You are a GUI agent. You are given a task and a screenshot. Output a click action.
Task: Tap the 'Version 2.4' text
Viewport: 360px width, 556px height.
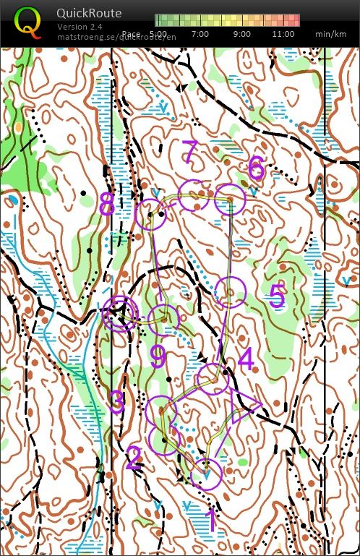(x=80, y=27)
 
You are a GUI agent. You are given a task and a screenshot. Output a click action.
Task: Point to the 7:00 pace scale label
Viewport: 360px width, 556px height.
(x=200, y=34)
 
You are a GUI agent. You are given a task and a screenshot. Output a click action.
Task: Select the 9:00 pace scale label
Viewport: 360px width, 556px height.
(x=242, y=34)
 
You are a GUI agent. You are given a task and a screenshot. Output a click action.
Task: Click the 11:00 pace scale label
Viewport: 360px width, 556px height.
(x=283, y=34)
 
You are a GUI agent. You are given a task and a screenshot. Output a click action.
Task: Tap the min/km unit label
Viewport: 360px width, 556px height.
(x=329, y=34)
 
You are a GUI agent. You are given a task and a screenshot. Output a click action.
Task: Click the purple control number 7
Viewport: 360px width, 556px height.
(x=189, y=153)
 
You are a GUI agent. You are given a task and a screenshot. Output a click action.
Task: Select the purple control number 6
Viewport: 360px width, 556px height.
(x=256, y=168)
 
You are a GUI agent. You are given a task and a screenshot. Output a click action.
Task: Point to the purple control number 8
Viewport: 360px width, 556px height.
(x=107, y=205)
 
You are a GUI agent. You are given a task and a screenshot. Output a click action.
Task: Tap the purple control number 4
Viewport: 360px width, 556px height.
(x=246, y=359)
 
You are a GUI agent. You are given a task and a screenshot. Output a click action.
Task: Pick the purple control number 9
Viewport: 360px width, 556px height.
(x=158, y=356)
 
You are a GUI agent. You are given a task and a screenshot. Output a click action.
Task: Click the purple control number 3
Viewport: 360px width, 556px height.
(x=117, y=402)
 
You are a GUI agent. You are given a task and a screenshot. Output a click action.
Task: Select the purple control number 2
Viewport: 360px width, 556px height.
(x=133, y=458)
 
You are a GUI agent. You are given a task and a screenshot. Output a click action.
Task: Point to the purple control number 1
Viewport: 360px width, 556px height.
(x=211, y=520)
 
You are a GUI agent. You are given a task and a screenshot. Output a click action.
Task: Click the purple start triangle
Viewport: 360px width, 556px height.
(x=244, y=407)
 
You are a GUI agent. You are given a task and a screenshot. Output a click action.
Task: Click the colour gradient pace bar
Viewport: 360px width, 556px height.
(x=227, y=20)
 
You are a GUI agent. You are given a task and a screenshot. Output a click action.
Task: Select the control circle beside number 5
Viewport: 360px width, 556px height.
(x=231, y=291)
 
